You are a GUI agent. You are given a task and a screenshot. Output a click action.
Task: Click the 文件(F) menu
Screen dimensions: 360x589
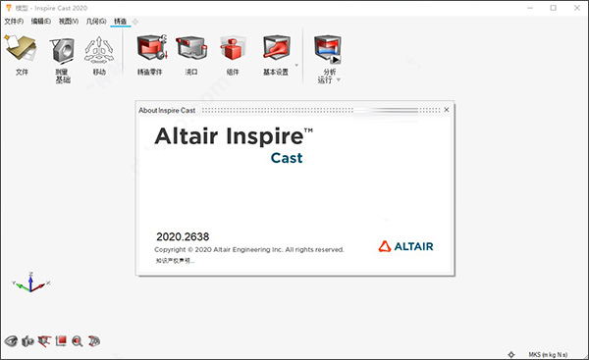click(14, 21)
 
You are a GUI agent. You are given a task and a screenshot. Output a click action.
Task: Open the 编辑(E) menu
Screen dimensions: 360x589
click(41, 21)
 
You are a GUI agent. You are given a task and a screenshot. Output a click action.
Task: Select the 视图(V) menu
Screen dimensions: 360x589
click(68, 21)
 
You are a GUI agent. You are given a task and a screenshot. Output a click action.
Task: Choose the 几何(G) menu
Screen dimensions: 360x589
click(95, 21)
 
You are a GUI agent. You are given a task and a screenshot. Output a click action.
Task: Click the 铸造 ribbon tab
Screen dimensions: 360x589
click(120, 21)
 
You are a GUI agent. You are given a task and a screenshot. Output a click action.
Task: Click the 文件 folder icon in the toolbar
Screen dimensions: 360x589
click(22, 49)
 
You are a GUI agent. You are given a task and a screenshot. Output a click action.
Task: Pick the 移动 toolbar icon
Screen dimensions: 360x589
click(99, 49)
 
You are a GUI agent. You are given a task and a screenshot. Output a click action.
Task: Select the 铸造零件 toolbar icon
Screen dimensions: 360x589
click(150, 49)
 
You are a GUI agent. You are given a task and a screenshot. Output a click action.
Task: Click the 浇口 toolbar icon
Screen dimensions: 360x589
click(191, 49)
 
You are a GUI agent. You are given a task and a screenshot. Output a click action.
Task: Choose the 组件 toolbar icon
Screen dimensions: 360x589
click(233, 49)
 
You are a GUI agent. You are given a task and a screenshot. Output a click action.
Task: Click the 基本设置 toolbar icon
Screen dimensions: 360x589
click(277, 49)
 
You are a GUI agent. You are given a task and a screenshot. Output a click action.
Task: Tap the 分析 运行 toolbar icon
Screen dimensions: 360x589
click(328, 49)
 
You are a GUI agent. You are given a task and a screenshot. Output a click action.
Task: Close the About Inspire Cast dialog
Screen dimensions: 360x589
click(447, 109)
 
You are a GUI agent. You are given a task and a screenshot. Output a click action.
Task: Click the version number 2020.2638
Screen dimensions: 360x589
click(183, 236)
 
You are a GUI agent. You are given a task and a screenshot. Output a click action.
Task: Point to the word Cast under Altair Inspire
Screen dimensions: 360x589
click(287, 158)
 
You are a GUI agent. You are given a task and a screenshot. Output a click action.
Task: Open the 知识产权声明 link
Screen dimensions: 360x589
click(176, 261)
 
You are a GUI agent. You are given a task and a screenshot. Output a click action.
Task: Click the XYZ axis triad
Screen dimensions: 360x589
click(30, 283)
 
